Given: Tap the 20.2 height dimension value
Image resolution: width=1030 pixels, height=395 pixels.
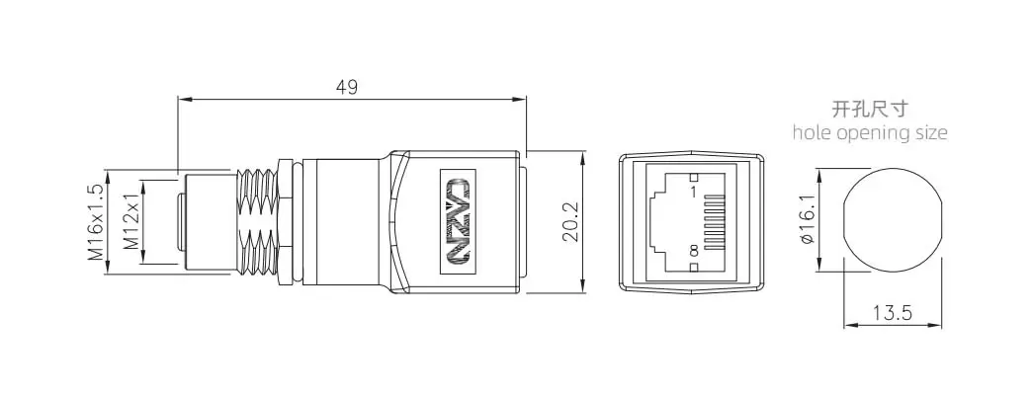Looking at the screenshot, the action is (x=570, y=222).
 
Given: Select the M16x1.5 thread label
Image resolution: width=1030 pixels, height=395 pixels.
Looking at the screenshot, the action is (x=96, y=222).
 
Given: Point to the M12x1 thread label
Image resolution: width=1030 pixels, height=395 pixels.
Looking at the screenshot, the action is (x=131, y=222).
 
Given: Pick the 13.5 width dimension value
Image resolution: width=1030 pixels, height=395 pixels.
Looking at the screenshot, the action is (x=893, y=313).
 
